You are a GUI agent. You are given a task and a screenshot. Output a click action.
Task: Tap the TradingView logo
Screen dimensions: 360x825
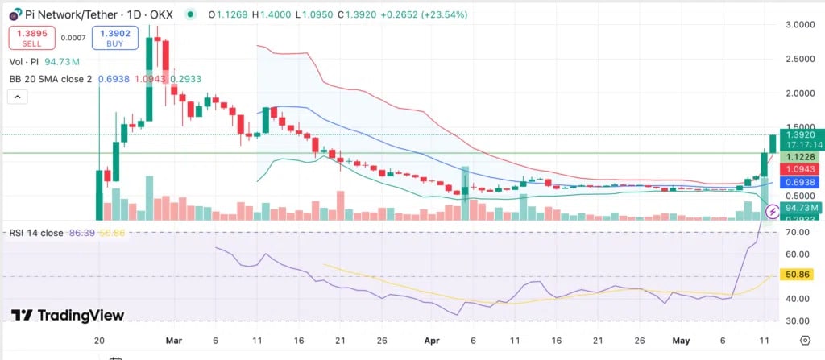coord(68,315)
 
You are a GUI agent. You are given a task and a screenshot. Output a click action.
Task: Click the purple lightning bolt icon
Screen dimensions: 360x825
coord(772,212)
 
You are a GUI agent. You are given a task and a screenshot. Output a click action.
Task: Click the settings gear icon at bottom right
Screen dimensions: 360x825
coord(805,341)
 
